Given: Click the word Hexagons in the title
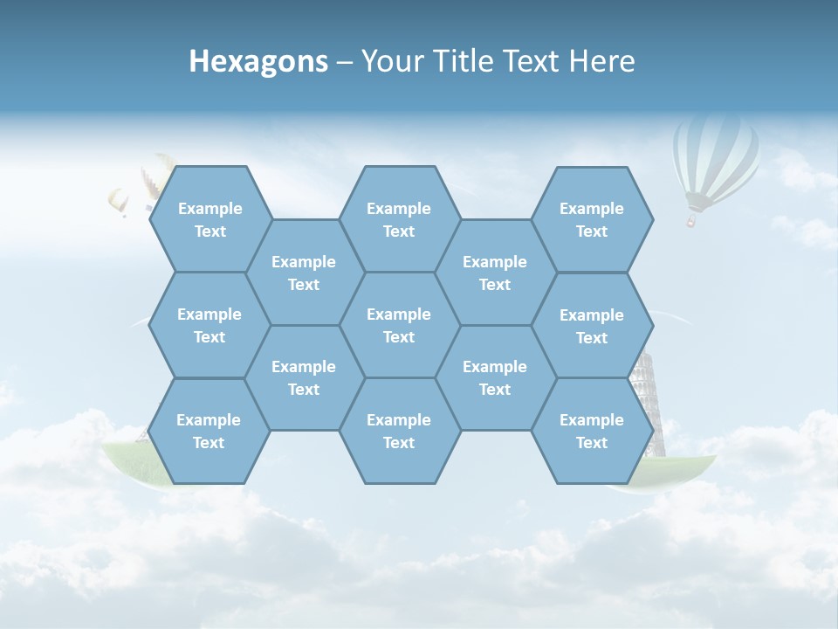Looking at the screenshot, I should [x=258, y=61].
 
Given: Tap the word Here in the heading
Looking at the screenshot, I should [x=601, y=61].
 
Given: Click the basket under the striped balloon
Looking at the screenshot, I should [x=691, y=222].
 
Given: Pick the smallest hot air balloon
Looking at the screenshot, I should [x=118, y=202].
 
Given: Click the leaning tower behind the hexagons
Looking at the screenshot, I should [x=649, y=402].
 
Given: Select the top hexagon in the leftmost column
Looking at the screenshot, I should [x=209, y=219].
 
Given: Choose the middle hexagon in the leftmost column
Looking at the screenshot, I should [x=209, y=325].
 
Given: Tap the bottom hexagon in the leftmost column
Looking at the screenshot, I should [x=209, y=431].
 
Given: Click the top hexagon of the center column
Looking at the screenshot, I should [x=399, y=219].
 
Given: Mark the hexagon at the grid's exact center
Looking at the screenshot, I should [x=399, y=325].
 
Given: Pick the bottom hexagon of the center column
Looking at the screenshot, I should [x=399, y=431].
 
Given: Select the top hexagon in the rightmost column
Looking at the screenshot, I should [x=592, y=219].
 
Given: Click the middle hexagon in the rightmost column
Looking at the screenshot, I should [x=592, y=326].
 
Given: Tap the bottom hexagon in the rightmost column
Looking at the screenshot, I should [x=592, y=431].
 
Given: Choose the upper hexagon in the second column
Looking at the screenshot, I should [x=304, y=273].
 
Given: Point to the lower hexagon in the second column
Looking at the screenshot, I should [x=304, y=377].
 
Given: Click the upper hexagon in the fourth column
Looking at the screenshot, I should [x=495, y=273].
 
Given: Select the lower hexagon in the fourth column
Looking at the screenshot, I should [x=495, y=377].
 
